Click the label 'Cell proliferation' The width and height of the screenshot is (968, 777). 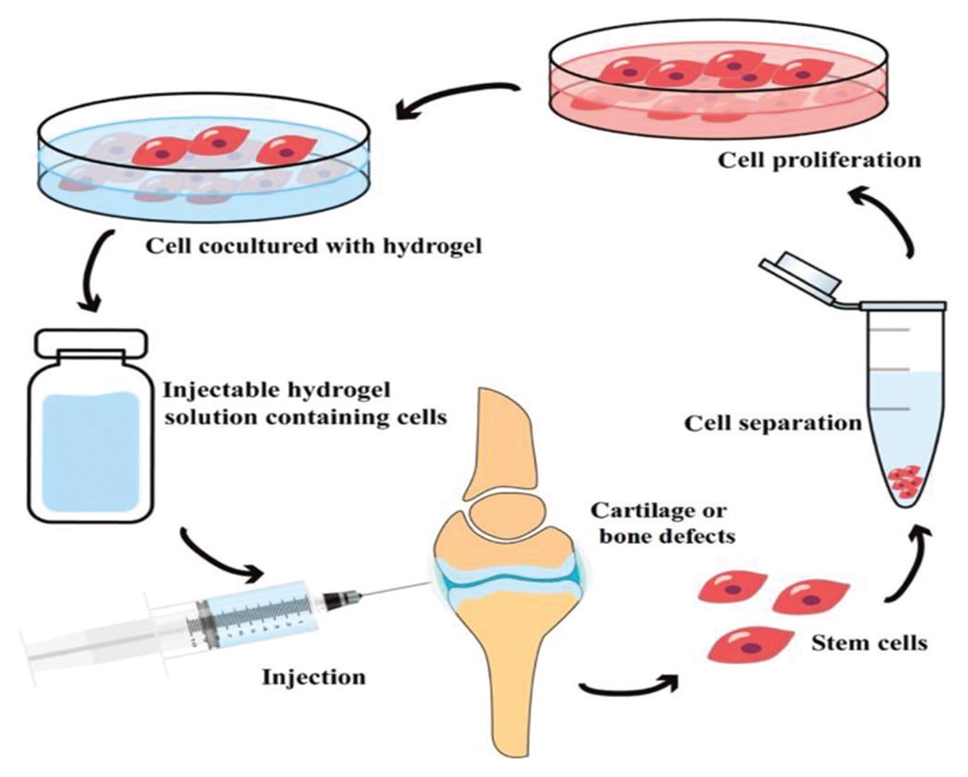coord(819,160)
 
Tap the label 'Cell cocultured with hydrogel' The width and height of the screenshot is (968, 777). coord(313,246)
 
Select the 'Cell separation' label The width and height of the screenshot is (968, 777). coord(773,424)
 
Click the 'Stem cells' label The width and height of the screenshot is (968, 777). coord(869,642)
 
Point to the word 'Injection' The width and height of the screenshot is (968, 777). coord(314,677)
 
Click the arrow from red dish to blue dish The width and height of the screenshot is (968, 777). coord(454,99)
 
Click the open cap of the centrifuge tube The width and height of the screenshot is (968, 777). coord(800,275)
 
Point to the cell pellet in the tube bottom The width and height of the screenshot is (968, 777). coord(905,481)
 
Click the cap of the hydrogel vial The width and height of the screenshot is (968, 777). coord(92,343)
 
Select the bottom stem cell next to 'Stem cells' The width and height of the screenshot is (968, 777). coord(750,645)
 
